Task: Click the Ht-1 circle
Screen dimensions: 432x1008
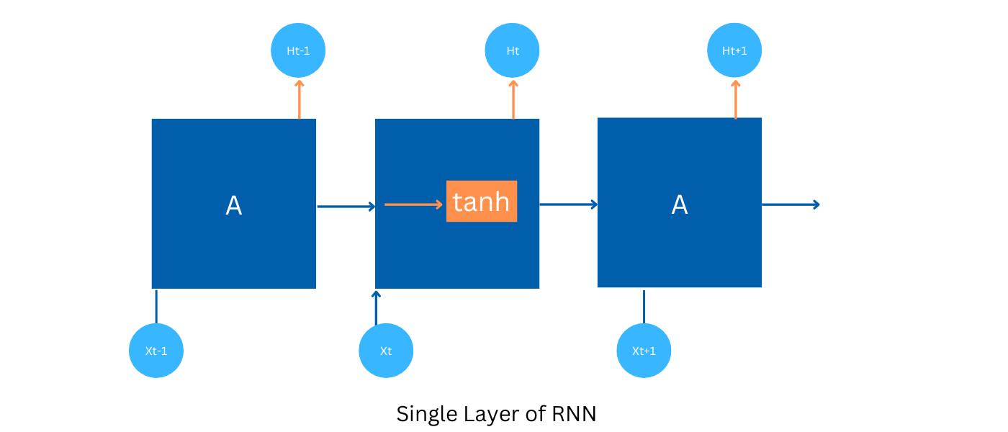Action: [x=298, y=50]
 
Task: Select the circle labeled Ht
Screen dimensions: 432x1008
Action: [x=512, y=50]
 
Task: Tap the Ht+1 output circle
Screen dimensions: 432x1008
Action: [x=734, y=50]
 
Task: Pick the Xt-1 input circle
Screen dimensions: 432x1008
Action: [x=156, y=351]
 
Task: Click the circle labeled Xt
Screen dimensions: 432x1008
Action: [x=386, y=351]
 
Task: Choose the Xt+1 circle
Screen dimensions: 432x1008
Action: [x=644, y=351]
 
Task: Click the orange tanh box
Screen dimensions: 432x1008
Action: [x=481, y=202]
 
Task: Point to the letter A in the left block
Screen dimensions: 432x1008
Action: [x=233, y=206]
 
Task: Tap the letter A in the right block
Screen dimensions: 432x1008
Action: [x=679, y=205]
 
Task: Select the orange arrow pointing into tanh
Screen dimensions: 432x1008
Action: [x=413, y=204]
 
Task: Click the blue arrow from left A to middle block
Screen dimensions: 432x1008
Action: [x=346, y=207]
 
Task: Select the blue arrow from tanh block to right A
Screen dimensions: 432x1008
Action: [x=568, y=204]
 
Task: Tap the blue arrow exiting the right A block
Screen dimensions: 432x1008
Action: [x=791, y=204]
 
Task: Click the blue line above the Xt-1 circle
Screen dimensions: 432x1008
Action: [x=156, y=306]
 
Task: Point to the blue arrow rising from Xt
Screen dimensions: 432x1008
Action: [x=376, y=307]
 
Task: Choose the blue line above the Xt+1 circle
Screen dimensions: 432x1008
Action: [x=644, y=306]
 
